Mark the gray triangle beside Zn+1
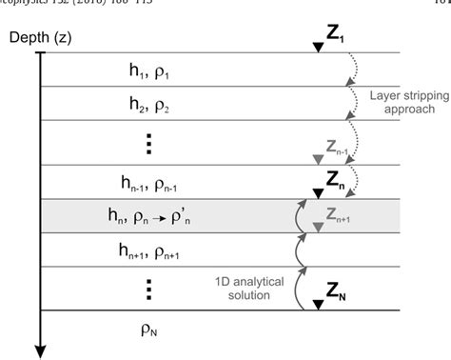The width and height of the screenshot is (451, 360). [316, 223]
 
